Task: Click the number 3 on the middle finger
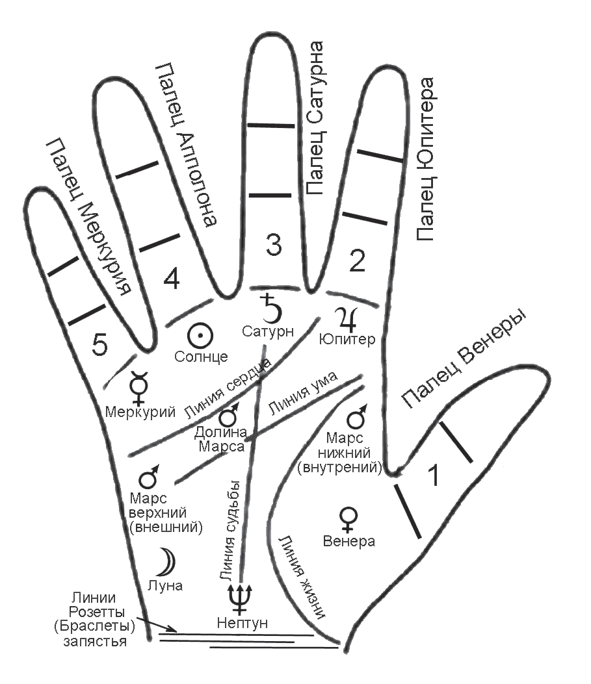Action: [274, 244]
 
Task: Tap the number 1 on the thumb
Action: [434, 475]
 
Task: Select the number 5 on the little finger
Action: [100, 344]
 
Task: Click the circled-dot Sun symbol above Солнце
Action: [200, 336]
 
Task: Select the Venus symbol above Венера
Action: [348, 520]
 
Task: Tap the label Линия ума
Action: [302, 394]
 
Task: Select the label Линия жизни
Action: [300, 576]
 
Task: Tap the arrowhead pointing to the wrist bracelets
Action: [173, 629]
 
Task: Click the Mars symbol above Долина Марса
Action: [229, 415]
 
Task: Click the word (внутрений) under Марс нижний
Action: [339, 468]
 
